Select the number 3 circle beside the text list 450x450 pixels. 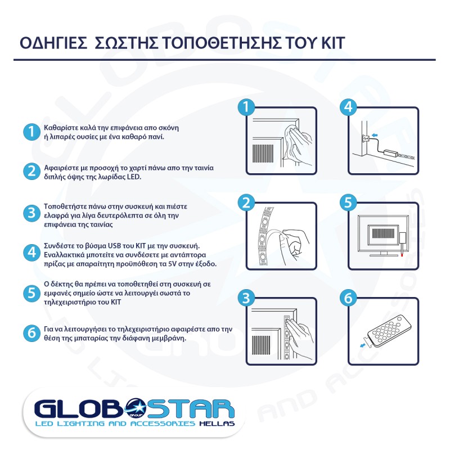[x=30, y=213]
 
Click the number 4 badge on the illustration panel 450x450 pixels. [x=348, y=107]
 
